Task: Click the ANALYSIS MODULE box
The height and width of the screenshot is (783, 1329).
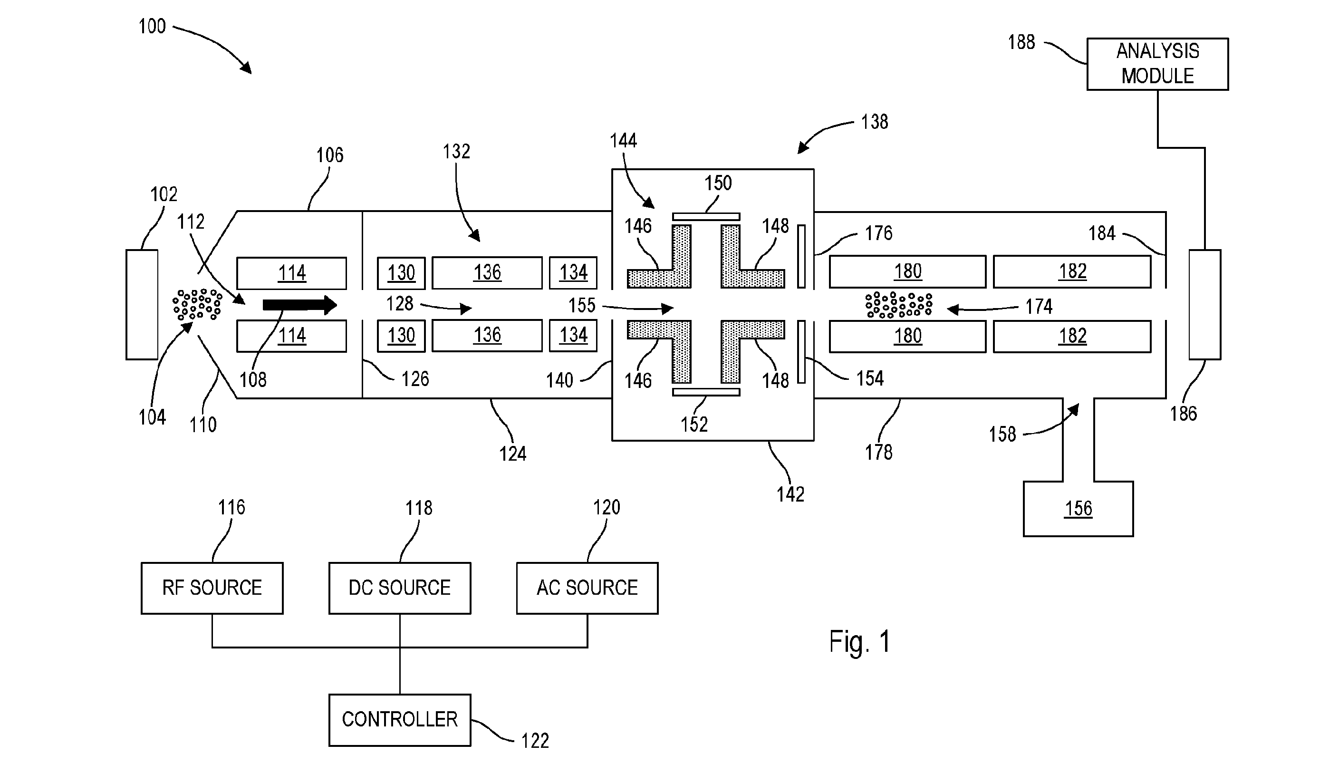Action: (x=1157, y=64)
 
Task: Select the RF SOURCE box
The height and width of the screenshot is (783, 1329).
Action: (x=212, y=588)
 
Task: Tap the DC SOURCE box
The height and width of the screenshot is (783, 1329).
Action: (x=400, y=588)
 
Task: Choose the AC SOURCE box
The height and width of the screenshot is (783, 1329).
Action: (x=587, y=588)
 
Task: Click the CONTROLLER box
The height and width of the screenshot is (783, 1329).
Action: (x=400, y=720)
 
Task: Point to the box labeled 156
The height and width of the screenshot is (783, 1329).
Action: (x=1078, y=509)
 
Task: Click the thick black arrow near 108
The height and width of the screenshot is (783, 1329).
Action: (x=299, y=305)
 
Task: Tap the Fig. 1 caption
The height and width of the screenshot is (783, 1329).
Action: (x=860, y=642)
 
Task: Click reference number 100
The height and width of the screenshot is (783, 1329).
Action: (x=152, y=26)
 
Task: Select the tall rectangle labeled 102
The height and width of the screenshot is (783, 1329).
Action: (x=142, y=304)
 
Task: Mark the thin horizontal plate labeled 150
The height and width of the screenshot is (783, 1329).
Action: (x=706, y=216)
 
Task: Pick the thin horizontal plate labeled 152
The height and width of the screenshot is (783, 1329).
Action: (x=706, y=392)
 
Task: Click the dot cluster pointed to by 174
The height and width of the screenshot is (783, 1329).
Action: (x=899, y=305)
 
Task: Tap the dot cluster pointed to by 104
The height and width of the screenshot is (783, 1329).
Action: (x=197, y=304)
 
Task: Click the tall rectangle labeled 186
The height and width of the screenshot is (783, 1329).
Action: (x=1205, y=304)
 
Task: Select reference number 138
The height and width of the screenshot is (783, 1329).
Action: (x=875, y=122)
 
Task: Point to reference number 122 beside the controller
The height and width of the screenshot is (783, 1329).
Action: (x=535, y=741)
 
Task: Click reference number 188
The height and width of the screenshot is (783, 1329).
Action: (x=1021, y=42)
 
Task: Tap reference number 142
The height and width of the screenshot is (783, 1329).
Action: (x=790, y=494)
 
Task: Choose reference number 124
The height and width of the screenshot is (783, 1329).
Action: (x=512, y=454)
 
